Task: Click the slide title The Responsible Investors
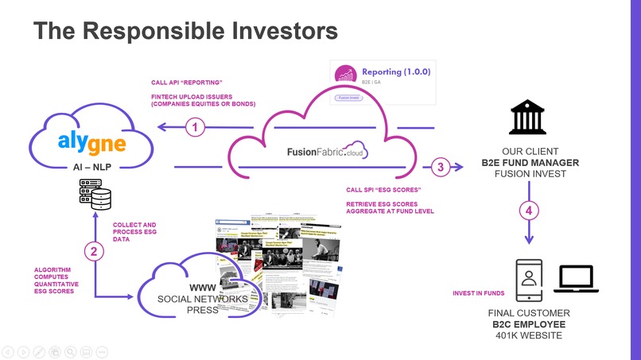pyautogui.click(x=185, y=31)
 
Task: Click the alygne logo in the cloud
pyautogui.click(x=91, y=142)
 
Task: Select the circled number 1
pyautogui.click(x=196, y=126)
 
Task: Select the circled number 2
pyautogui.click(x=95, y=252)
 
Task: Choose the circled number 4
pyautogui.click(x=529, y=211)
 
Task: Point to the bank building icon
pyautogui.click(x=528, y=117)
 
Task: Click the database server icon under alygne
pyautogui.click(x=95, y=194)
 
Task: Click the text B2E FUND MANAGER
pyautogui.click(x=530, y=164)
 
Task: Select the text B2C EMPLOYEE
pyautogui.click(x=528, y=324)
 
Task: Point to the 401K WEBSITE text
pyautogui.click(x=528, y=336)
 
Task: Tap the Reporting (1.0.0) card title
pyautogui.click(x=395, y=72)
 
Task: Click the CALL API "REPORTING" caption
pyautogui.click(x=186, y=83)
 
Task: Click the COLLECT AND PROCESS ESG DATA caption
pyautogui.click(x=135, y=232)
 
